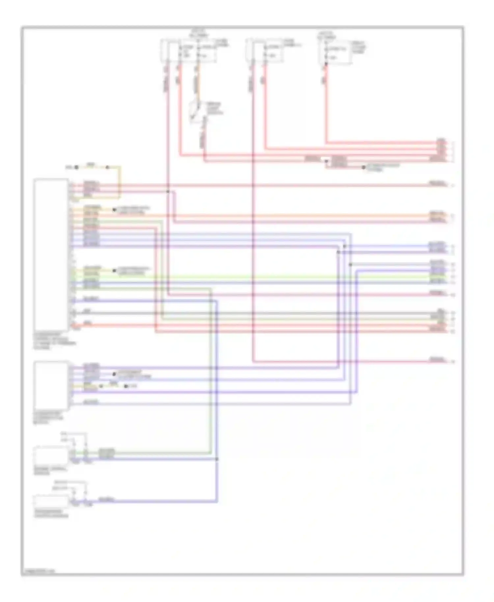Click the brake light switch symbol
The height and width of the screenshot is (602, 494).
pyautogui.click(x=197, y=112)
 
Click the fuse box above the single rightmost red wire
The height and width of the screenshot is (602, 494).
pyautogui.click(x=335, y=52)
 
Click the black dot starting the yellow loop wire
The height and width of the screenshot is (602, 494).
pyautogui.click(x=76, y=167)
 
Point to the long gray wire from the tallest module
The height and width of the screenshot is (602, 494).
pyautogui.click(x=263, y=313)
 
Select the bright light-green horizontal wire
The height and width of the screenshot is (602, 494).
pyautogui.click(x=263, y=277)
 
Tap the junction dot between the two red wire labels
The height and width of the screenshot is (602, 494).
pyautogui.click(x=326, y=161)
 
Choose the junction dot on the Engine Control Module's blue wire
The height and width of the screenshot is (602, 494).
pyautogui.click(x=217, y=459)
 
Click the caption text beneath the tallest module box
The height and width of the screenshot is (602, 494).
pyautogui.click(x=54, y=341)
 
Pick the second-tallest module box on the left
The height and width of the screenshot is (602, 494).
pyautogui.click(x=51, y=385)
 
